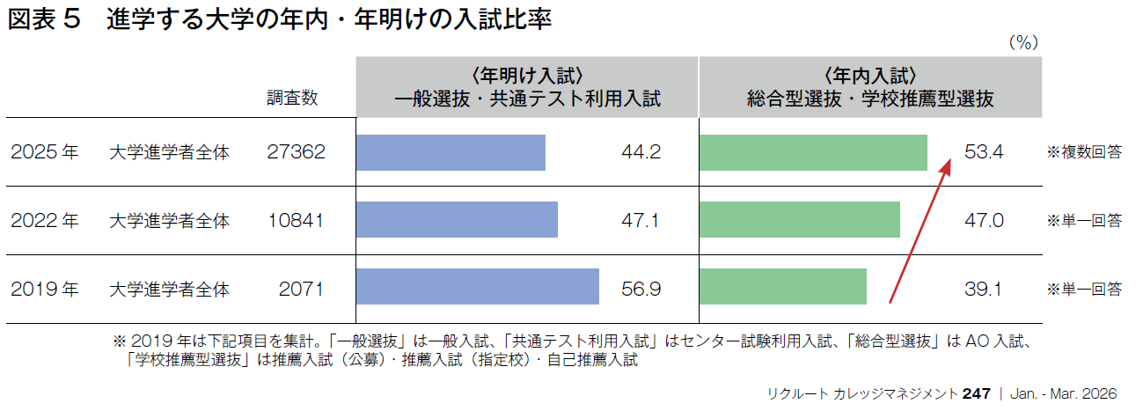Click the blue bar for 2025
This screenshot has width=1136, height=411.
(x=451, y=152)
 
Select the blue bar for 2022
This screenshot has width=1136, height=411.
(x=457, y=220)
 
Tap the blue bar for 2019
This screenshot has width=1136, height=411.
(x=477, y=287)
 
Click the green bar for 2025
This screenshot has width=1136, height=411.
(x=813, y=152)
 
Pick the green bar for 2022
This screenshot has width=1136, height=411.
(x=799, y=220)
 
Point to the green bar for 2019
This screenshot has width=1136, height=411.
(x=782, y=287)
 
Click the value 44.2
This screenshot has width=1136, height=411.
(x=641, y=152)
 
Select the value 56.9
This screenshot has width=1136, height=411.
(x=641, y=288)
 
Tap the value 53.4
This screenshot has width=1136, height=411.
(x=984, y=152)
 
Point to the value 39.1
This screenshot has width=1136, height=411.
(x=984, y=288)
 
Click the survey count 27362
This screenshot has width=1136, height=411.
(x=296, y=152)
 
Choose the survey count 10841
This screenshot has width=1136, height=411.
(x=296, y=220)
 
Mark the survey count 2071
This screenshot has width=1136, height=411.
(x=302, y=288)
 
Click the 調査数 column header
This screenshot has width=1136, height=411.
(x=292, y=98)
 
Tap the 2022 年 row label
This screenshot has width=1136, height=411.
(x=45, y=220)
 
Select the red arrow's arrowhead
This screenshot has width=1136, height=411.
(x=947, y=165)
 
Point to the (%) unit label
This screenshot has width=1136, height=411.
(x=1023, y=42)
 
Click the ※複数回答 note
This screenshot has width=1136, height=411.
(x=1083, y=152)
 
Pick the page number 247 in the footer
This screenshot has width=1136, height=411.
(x=977, y=393)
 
